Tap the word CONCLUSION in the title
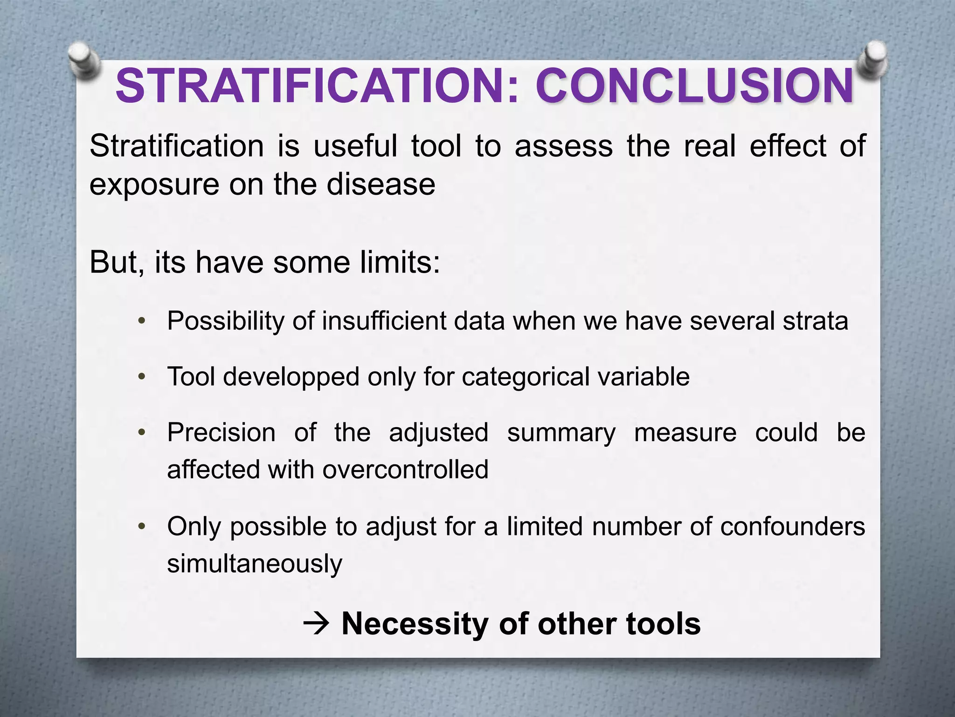[695, 86]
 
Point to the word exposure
[154, 185]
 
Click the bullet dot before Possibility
[142, 321]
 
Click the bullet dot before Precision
[142, 433]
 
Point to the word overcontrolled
[405, 469]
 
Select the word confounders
[792, 527]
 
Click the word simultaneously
[255, 563]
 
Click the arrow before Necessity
[317, 624]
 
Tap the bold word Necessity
[415, 624]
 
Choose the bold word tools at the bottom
[663, 624]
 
